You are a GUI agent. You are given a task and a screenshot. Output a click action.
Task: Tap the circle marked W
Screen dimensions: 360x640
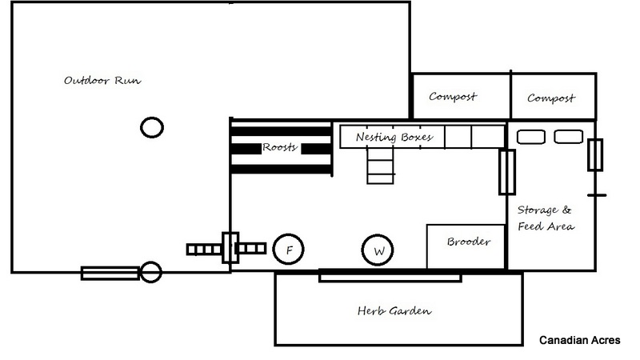point(378,251)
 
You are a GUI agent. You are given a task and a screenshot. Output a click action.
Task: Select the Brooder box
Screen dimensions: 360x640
point(466,246)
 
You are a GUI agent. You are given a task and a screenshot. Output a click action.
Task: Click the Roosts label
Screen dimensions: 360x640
point(280,147)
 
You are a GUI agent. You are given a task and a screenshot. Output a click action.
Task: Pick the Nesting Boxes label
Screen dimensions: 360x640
point(394,137)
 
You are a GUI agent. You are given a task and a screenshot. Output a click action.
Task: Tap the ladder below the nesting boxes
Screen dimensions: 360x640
point(379,166)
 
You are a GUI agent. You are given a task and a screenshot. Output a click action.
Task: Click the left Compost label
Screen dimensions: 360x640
point(453,98)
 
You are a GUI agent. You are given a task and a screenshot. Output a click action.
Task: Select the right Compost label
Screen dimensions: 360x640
point(552,98)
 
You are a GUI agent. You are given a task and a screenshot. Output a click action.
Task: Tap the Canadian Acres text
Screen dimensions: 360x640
point(578,340)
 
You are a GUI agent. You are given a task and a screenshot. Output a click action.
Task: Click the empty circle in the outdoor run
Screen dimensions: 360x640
point(152,126)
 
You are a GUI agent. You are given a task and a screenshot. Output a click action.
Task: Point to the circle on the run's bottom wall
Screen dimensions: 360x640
point(151,273)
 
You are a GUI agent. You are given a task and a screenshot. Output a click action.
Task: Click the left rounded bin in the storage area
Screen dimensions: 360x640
point(530,137)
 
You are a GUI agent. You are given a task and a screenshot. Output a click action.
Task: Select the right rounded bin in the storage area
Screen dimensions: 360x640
point(567,137)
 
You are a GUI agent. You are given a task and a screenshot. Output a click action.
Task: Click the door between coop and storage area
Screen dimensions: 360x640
point(506,172)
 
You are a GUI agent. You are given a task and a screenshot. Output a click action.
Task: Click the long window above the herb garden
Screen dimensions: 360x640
point(390,275)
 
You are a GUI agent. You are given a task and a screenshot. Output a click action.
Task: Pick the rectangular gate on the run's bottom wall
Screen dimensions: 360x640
point(110,273)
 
